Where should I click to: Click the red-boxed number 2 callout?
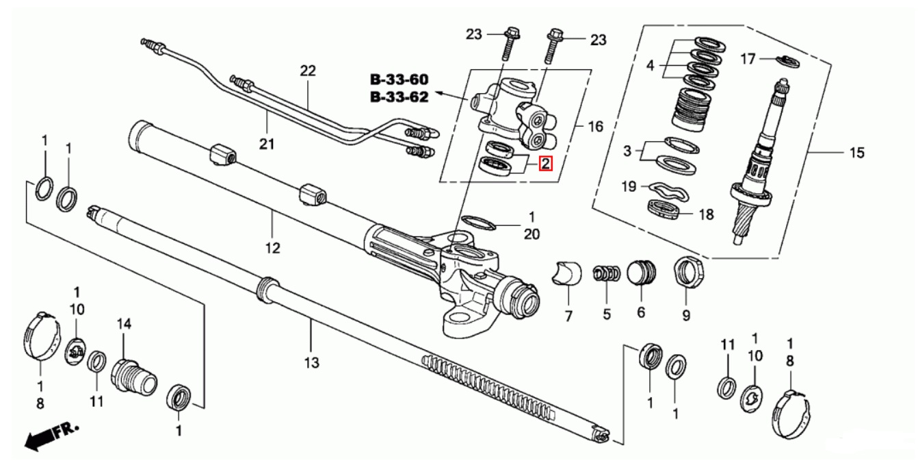point(545,164)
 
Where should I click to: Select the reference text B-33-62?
point(399,97)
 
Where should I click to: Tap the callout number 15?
point(856,153)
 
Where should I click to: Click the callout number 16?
point(596,126)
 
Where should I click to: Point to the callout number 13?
point(311,362)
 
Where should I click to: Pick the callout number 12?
point(273,248)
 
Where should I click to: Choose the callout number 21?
point(266,144)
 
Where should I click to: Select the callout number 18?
point(706,214)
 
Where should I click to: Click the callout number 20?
point(532,234)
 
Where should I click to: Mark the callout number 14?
point(123,323)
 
